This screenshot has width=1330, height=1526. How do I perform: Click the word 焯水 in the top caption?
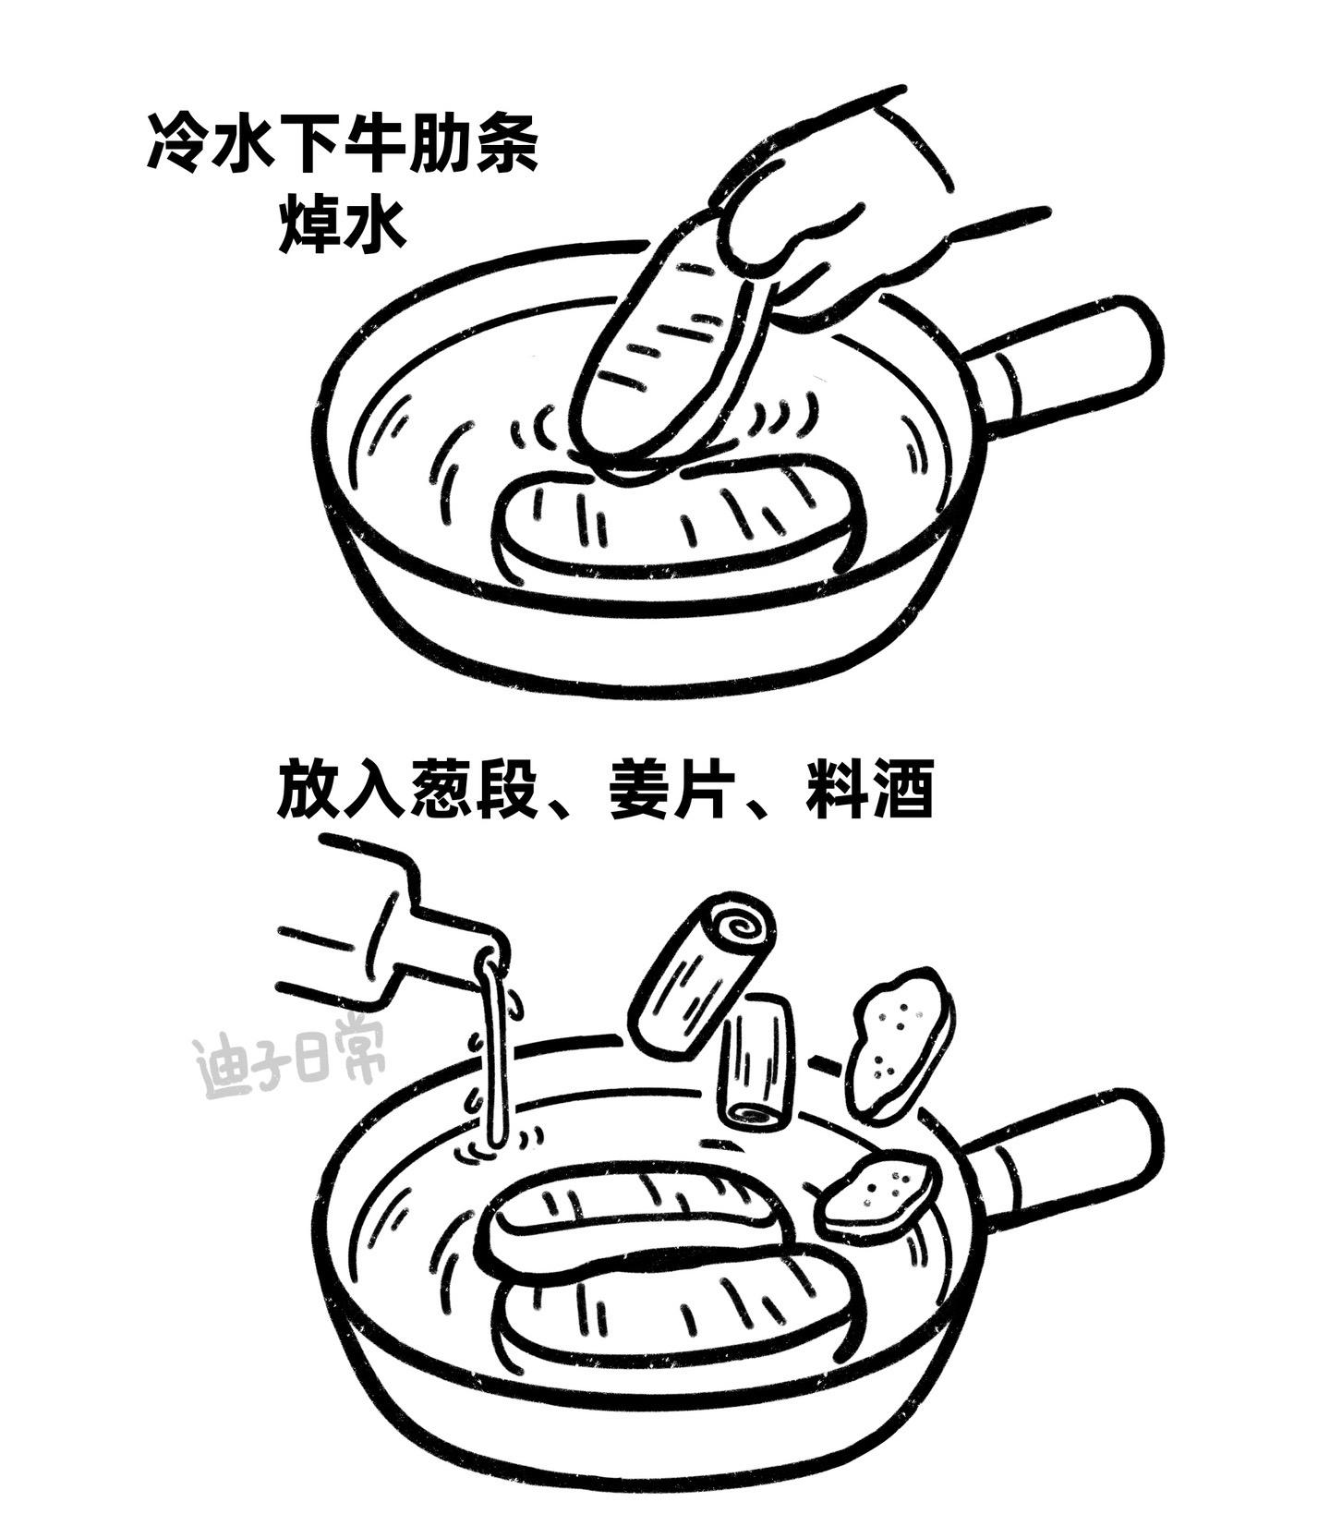(x=343, y=222)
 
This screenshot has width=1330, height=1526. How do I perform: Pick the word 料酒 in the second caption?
(x=868, y=789)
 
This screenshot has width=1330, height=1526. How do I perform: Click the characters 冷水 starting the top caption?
(x=212, y=143)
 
